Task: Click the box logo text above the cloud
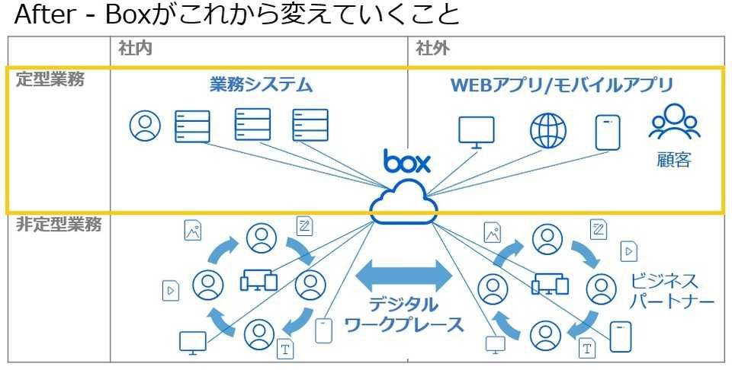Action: (x=407, y=162)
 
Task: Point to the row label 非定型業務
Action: (x=59, y=225)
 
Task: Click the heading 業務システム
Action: (x=261, y=85)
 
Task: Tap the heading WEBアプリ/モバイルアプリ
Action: (x=562, y=85)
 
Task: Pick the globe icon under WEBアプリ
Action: (x=548, y=131)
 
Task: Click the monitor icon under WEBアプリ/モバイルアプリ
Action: (x=477, y=132)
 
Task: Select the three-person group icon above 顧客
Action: (x=673, y=123)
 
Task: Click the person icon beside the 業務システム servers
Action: (x=144, y=126)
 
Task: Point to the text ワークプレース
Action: (x=404, y=326)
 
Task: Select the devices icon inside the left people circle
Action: (x=258, y=282)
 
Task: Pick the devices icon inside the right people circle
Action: (x=551, y=282)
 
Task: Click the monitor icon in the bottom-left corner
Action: (x=192, y=342)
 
